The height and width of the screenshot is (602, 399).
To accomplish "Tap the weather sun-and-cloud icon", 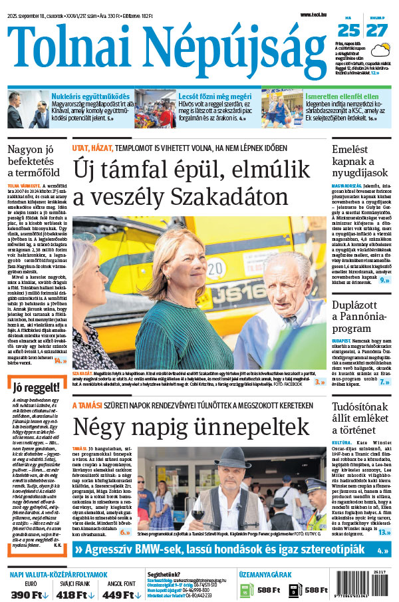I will [381, 49].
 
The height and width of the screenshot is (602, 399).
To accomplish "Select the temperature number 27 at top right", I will [376, 30].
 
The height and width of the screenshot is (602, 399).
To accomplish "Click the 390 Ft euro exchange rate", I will [30, 594].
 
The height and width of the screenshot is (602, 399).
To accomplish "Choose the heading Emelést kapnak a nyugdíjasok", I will [360, 163].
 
